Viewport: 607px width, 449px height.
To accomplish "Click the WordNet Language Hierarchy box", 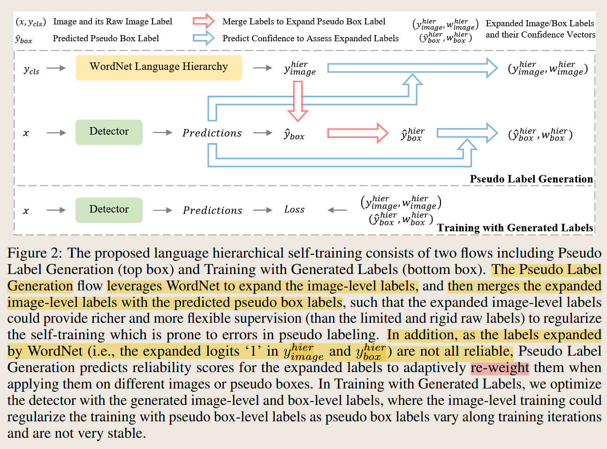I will (159, 68).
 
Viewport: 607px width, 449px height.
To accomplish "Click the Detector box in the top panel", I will (109, 132).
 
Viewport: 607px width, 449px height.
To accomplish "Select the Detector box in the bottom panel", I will (109, 210).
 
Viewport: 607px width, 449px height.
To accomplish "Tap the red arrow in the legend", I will (204, 21).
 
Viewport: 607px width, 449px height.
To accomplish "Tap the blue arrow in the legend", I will (204, 38).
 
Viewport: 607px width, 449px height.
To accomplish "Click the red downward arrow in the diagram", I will (297, 101).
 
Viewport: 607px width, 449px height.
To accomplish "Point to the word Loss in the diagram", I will (294, 210).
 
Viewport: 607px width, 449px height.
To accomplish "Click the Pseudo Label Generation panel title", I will (531, 179).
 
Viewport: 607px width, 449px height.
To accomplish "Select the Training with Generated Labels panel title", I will (515, 228).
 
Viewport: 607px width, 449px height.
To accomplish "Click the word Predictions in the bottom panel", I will (212, 210).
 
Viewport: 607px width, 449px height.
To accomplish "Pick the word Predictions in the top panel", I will (212, 133).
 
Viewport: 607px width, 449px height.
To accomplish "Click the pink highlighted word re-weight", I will (500, 368).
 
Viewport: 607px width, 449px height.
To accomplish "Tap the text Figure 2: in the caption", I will (34, 253).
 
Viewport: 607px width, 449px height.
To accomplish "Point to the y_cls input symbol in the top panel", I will (31, 70).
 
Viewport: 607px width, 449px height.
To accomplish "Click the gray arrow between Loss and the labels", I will (337, 210).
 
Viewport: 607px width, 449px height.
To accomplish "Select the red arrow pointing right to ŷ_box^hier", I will (358, 133).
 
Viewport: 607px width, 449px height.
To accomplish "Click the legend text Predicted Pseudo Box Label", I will (106, 38).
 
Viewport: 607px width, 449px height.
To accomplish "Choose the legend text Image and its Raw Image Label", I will (113, 22).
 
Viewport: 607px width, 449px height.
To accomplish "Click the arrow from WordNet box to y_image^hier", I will (262, 68).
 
